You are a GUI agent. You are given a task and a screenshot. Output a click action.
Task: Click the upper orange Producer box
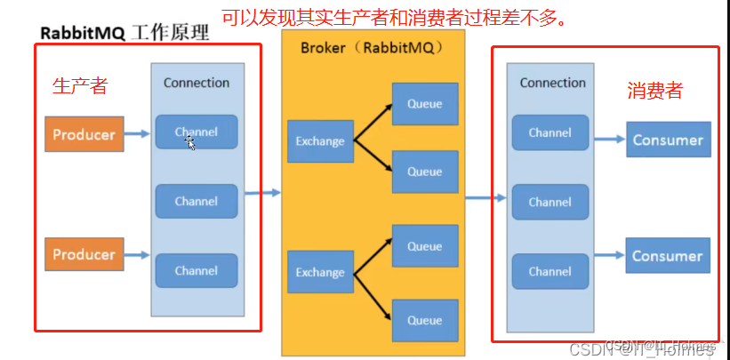(84, 134)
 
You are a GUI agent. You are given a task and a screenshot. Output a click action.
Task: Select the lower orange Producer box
(84, 254)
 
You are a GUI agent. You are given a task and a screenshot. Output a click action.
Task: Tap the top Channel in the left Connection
(197, 132)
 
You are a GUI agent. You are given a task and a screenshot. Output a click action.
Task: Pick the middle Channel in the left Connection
(197, 201)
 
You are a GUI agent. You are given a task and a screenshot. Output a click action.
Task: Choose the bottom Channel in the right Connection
(550, 271)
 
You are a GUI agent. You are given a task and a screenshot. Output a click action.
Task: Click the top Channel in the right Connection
(550, 132)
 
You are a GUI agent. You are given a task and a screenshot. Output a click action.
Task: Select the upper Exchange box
(320, 140)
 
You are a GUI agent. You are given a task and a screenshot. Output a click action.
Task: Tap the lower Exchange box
(320, 272)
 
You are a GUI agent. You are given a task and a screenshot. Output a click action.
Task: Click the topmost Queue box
(425, 104)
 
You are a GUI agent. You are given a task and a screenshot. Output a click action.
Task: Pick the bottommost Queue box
(425, 321)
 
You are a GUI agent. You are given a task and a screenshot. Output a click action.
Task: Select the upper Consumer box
(668, 140)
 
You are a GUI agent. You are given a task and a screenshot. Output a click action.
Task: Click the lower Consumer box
(668, 256)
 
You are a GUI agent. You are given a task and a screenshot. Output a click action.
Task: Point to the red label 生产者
(80, 85)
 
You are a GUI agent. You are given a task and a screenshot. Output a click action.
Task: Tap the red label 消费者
(654, 91)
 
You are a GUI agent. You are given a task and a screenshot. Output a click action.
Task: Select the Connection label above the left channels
(197, 83)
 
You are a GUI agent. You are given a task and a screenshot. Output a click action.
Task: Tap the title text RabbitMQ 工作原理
(124, 33)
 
